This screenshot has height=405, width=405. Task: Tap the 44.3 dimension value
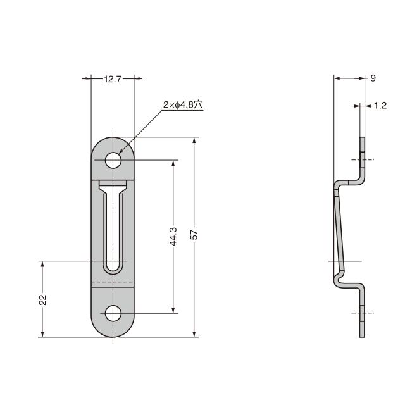pyautogui.click(x=173, y=237)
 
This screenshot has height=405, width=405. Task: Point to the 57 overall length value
pyautogui.click(x=195, y=235)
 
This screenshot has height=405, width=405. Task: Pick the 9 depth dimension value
pyautogui.click(x=373, y=78)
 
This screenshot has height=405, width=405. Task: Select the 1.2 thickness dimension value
pyautogui.click(x=380, y=106)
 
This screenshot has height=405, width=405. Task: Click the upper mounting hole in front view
pyautogui.click(x=113, y=160)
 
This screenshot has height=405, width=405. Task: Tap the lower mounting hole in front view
pyautogui.click(x=113, y=313)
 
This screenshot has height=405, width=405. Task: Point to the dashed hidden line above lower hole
pyautogui.click(x=113, y=282)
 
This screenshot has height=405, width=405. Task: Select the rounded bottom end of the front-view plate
pyautogui.click(x=113, y=333)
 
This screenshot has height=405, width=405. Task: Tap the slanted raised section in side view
pyautogui.click(x=339, y=231)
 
